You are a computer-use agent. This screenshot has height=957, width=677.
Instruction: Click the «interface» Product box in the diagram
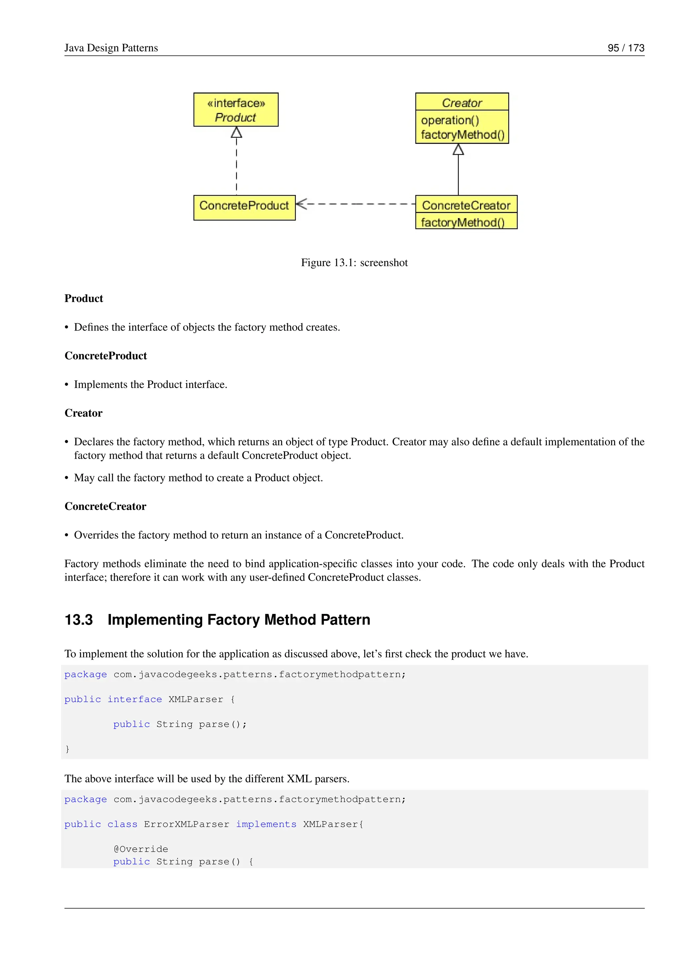click(236, 110)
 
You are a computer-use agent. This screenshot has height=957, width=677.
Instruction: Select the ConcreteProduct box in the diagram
click(244, 207)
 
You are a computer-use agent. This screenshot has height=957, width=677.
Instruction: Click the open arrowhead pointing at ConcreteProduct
click(301, 204)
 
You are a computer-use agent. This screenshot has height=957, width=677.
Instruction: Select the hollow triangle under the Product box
click(236, 133)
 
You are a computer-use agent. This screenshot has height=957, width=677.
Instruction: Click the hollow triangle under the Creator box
click(458, 150)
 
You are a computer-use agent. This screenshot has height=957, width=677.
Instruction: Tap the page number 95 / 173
click(625, 48)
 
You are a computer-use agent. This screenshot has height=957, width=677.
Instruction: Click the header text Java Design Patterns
click(111, 48)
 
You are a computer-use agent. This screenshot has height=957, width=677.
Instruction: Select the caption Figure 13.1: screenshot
click(354, 263)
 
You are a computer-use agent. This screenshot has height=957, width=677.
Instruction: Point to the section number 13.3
click(79, 620)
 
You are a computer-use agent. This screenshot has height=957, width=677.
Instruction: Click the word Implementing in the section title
click(155, 620)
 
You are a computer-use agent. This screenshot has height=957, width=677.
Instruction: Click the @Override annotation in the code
click(140, 849)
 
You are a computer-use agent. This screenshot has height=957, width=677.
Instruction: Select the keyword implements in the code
click(266, 824)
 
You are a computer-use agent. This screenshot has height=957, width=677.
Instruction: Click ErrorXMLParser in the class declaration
click(186, 824)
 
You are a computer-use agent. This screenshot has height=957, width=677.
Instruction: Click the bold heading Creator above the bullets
click(83, 413)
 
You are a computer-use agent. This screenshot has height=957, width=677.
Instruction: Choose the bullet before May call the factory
click(67, 478)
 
